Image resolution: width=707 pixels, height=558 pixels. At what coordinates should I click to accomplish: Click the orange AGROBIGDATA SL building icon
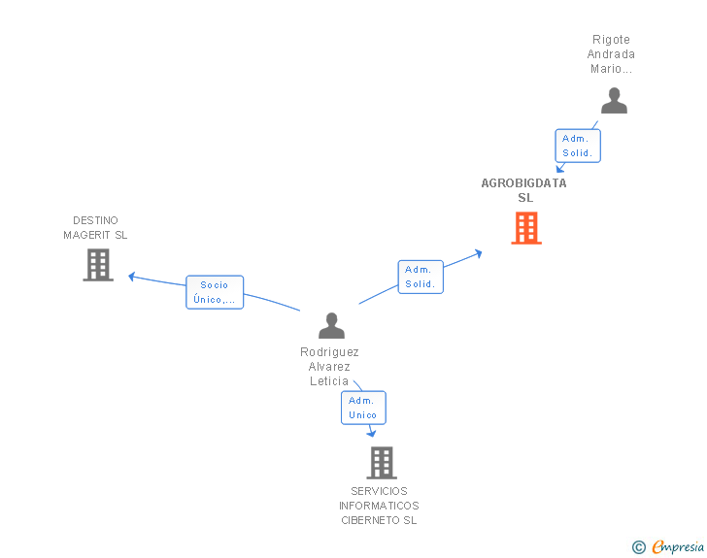[x=525, y=228]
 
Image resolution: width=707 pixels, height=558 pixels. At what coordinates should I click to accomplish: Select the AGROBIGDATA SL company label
[x=524, y=190]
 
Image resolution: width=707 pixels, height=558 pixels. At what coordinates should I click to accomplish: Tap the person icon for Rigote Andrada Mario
[x=614, y=101]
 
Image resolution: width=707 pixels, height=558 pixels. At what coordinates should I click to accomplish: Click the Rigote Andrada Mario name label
[x=612, y=54]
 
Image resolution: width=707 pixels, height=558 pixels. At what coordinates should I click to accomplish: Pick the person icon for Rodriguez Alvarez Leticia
[x=331, y=325]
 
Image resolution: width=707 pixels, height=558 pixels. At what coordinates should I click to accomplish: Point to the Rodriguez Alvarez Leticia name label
[x=329, y=367]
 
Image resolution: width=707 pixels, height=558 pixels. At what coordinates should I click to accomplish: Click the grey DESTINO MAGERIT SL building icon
[x=98, y=264]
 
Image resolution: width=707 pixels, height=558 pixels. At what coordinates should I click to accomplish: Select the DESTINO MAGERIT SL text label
[x=95, y=228]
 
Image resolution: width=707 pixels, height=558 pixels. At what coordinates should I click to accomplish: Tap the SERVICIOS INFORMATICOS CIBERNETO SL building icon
[x=382, y=463]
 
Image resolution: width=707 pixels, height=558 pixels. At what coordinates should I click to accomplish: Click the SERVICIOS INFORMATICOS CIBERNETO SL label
[x=379, y=506]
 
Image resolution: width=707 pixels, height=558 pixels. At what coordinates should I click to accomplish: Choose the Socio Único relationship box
[x=215, y=292]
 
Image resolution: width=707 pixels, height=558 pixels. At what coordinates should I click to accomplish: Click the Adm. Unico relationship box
[x=363, y=408]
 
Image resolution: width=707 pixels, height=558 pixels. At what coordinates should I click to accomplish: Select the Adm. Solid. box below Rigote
[x=577, y=146]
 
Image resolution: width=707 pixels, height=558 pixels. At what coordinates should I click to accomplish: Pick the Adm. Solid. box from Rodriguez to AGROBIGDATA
[x=420, y=277]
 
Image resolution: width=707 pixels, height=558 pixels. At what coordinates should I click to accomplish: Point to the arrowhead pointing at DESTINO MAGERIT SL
[x=132, y=277]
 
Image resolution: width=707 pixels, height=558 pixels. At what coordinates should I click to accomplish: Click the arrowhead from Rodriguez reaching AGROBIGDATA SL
[x=478, y=253]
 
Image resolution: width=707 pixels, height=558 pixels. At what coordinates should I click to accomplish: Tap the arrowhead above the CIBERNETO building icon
[x=371, y=433]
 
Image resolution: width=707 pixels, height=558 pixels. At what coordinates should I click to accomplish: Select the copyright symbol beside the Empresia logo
[x=639, y=547]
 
